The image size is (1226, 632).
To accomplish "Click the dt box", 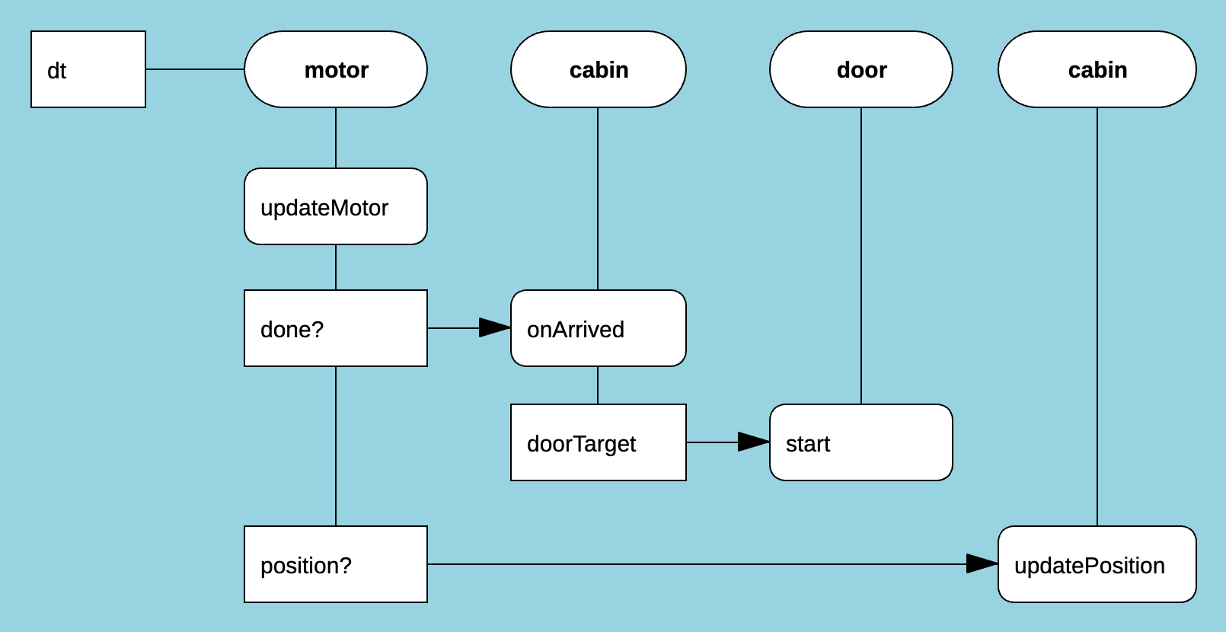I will click(x=88, y=69).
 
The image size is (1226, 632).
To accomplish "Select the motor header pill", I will click(x=336, y=69).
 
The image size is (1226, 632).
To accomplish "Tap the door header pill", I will click(x=861, y=69).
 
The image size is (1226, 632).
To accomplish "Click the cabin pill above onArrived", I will click(x=599, y=69).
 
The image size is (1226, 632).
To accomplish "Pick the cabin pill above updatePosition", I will click(x=1097, y=69).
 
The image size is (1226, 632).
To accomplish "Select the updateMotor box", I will click(x=336, y=206).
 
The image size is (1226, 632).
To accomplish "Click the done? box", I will click(x=336, y=328).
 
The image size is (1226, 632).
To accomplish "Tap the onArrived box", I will click(x=599, y=328).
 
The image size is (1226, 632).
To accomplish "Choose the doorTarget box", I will click(x=599, y=442).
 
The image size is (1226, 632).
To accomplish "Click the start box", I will click(x=861, y=442).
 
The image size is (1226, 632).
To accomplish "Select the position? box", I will click(x=336, y=564).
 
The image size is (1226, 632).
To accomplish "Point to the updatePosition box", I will click(x=1097, y=564).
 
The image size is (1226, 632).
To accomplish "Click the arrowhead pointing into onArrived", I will click(x=495, y=328).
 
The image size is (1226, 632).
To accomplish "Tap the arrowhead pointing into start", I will click(x=754, y=442).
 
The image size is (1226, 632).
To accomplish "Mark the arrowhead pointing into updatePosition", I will click(x=982, y=564).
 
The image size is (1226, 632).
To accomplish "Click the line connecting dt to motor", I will click(x=195, y=69).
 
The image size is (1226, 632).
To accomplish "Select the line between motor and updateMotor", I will click(x=336, y=138).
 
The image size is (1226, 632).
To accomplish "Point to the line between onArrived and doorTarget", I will click(x=598, y=385).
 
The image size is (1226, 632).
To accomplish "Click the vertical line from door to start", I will click(x=861, y=256).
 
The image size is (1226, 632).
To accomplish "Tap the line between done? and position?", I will click(x=336, y=446).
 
